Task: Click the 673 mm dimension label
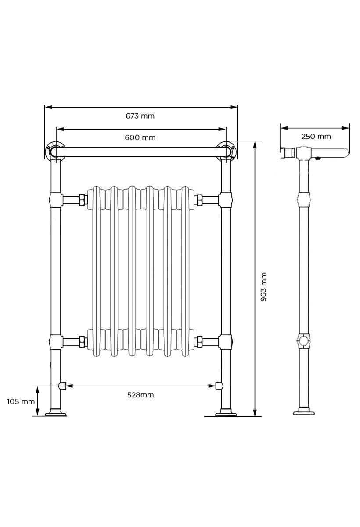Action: point(140,116)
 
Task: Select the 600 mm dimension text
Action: point(140,137)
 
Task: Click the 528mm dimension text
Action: point(140,395)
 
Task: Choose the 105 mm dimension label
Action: point(20,401)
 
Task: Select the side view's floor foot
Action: point(304,411)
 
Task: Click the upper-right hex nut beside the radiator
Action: point(198,200)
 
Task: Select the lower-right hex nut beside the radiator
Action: point(198,341)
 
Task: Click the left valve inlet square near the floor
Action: point(62,386)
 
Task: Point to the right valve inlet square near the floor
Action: point(219,386)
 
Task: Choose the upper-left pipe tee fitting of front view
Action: point(55,200)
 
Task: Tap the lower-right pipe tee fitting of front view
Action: point(226,341)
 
